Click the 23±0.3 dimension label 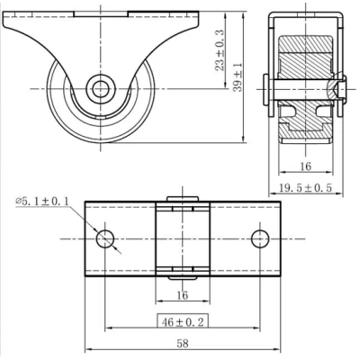(x=220, y=50)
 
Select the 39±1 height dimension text (x=238, y=77)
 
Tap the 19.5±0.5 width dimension (x=306, y=188)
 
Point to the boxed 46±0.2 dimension (x=183, y=322)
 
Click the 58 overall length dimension (x=183, y=343)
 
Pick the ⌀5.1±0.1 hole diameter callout (x=42, y=201)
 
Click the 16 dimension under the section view (x=306, y=166)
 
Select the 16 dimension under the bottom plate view (x=183, y=295)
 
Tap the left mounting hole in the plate (x=105, y=238)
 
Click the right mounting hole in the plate (x=260, y=238)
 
